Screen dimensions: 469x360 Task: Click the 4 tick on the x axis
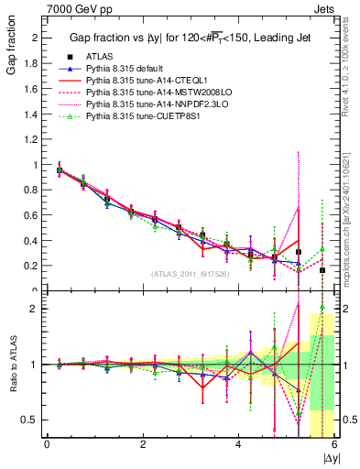pos(238,444)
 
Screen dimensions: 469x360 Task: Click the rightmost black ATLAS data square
pos(322,270)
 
